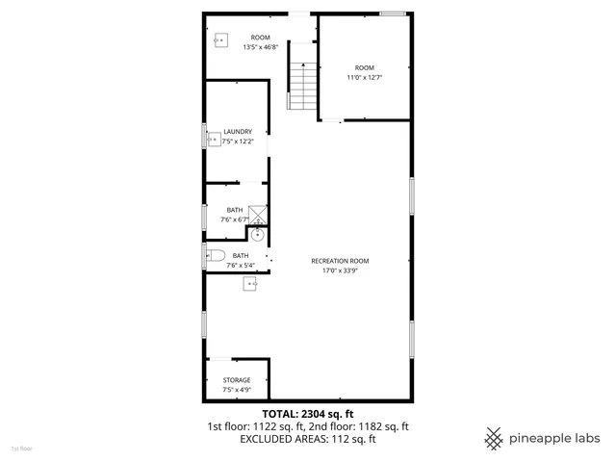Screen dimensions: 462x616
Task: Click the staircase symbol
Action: [x=303, y=85]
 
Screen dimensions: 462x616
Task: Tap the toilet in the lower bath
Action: [x=214, y=255]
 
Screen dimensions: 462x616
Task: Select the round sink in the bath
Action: [x=258, y=234]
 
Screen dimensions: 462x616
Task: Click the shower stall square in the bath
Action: [x=258, y=215]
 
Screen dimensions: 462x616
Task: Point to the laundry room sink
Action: [x=214, y=139]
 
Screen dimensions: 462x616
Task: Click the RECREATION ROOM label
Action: [x=340, y=261]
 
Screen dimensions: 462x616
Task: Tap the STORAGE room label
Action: [x=237, y=380]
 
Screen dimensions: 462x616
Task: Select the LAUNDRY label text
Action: [x=238, y=132]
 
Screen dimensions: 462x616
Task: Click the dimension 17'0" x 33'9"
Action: [x=340, y=270]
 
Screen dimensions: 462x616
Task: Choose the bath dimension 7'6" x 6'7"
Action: [x=235, y=219]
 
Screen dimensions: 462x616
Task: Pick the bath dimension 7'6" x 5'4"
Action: [x=240, y=265]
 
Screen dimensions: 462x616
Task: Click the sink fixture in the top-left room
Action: [x=220, y=40]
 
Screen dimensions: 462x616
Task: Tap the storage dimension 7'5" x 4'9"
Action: [x=237, y=390]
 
